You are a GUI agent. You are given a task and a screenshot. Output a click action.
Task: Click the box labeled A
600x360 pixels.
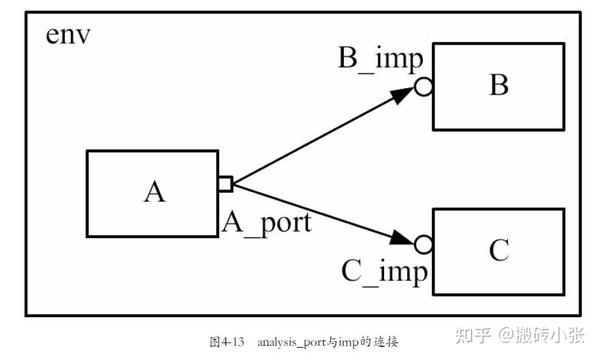point(152,193)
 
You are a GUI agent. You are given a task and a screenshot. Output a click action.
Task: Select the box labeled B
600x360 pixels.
point(498,87)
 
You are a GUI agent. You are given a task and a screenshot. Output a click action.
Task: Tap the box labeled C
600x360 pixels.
point(498,250)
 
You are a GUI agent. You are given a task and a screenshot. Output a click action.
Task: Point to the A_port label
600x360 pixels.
point(265,222)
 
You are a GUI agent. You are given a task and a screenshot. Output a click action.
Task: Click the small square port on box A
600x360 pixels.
point(225,183)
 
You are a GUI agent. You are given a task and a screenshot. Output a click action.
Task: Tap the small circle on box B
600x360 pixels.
point(424,88)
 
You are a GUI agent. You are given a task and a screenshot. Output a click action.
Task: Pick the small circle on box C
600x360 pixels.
point(424,244)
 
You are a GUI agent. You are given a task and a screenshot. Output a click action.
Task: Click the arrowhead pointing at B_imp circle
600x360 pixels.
point(402,96)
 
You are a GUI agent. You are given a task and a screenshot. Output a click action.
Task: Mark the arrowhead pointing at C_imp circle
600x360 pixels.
point(402,239)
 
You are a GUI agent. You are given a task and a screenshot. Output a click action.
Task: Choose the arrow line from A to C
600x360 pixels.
point(310,211)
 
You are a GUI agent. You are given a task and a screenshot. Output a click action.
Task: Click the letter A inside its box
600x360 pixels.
point(153,192)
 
